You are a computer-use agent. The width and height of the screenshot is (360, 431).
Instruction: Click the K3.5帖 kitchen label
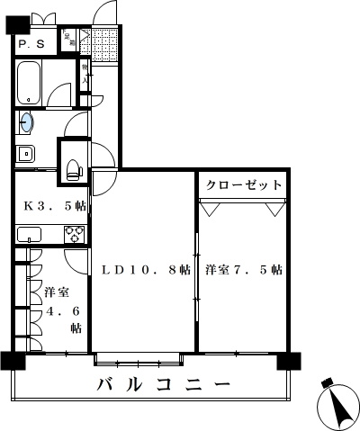54,205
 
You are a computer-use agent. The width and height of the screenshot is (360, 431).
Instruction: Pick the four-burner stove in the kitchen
75,235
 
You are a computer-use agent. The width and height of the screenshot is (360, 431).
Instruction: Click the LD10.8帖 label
145,269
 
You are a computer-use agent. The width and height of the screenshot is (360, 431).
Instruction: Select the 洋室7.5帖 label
243,269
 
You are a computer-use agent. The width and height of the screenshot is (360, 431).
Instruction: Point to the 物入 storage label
85,74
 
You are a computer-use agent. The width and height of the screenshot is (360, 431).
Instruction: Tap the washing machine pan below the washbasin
24,152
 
